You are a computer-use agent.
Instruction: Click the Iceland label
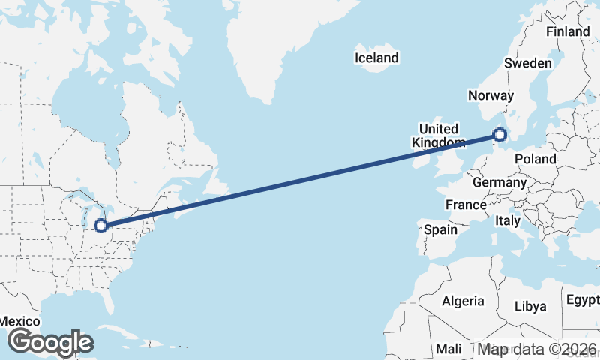377,58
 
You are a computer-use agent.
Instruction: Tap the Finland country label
568,32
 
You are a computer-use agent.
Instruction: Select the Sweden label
528,64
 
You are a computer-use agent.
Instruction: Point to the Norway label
490,95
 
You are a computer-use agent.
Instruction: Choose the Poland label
535,159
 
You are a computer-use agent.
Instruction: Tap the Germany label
499,182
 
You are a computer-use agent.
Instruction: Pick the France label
466,205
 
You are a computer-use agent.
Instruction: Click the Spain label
440,229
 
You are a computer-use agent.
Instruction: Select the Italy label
508,221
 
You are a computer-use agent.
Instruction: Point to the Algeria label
463,301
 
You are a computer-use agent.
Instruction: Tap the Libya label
530,306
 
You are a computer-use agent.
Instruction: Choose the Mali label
449,349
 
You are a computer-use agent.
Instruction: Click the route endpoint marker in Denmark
499,136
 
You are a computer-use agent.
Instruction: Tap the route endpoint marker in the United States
100,225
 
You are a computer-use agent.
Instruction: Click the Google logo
50,342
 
